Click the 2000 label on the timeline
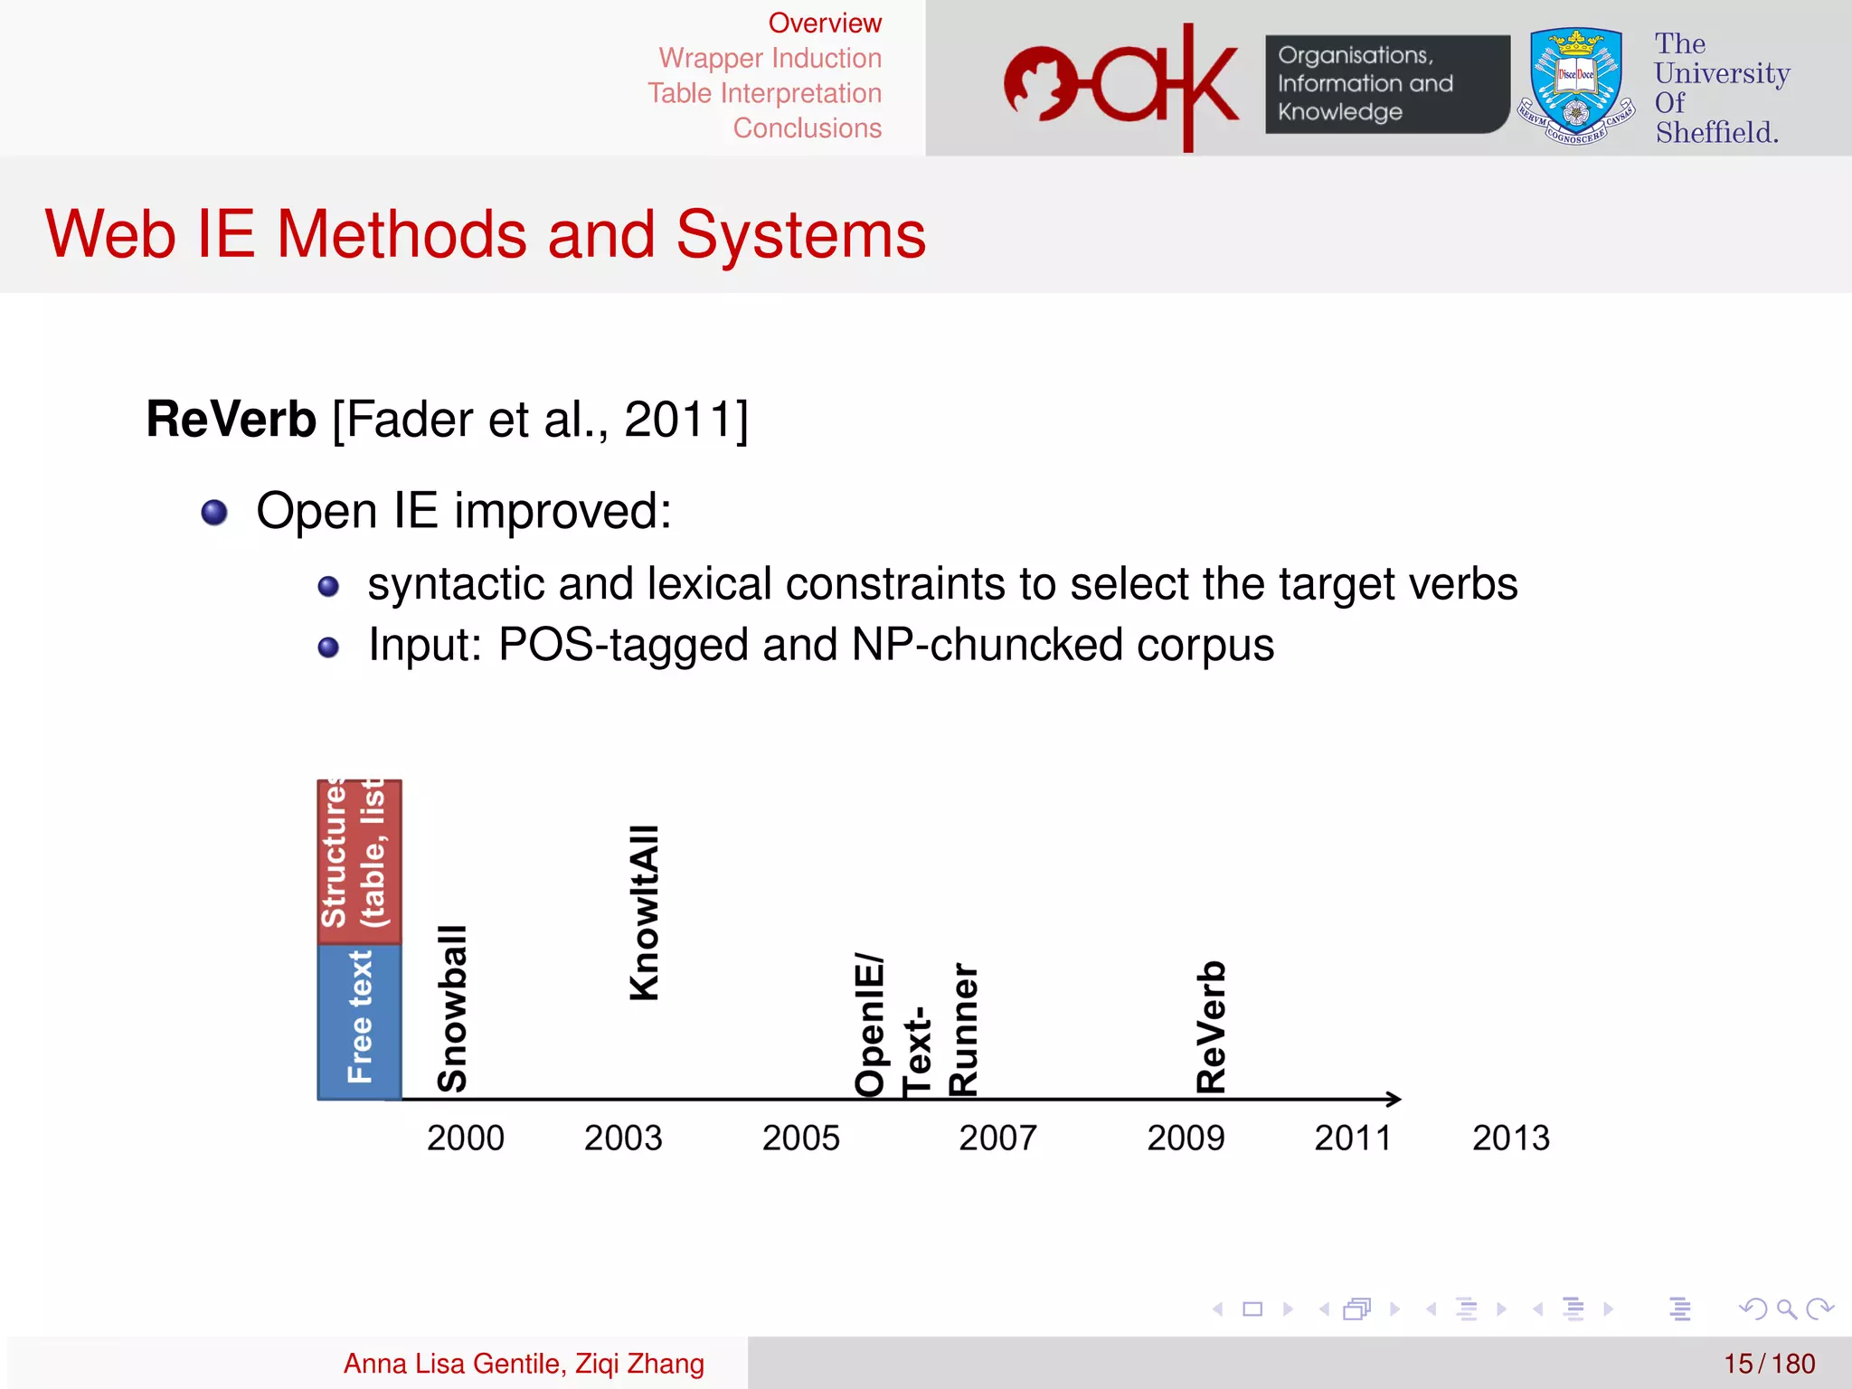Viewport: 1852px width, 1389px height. point(466,1138)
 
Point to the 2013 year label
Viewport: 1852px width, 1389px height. point(1510,1138)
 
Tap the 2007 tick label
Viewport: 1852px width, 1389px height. point(997,1138)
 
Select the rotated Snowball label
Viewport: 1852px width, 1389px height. point(452,1008)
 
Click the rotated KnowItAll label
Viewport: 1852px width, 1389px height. point(645,912)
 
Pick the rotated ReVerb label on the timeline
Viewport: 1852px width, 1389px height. point(1211,1026)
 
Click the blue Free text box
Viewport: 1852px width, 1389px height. point(359,1021)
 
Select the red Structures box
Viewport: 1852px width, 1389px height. point(359,862)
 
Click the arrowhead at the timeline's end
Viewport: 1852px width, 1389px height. point(1394,1099)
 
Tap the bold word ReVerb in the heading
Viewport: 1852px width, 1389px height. point(231,420)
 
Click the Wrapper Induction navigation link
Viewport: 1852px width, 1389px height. point(770,58)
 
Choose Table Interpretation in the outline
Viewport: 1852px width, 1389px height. point(764,93)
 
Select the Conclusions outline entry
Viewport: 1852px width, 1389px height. point(807,128)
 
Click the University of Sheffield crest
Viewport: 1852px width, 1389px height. point(1575,86)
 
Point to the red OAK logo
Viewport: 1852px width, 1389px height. point(1121,86)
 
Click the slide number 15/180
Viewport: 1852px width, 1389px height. point(1769,1363)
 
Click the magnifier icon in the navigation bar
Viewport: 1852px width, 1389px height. point(1786,1309)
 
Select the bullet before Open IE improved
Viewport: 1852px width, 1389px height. point(214,513)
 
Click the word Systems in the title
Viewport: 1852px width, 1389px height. point(800,235)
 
